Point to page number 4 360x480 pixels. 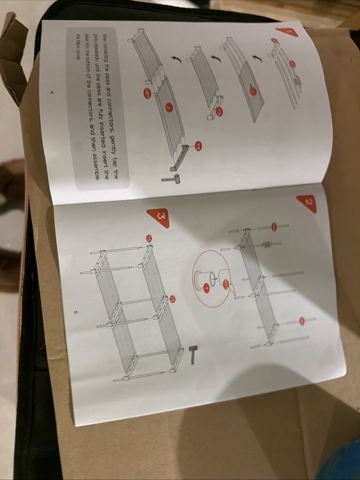pyautogui.click(x=51, y=93)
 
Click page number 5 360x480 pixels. pyautogui.click(x=76, y=312)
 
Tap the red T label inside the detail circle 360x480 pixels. pyautogui.click(x=207, y=288)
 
